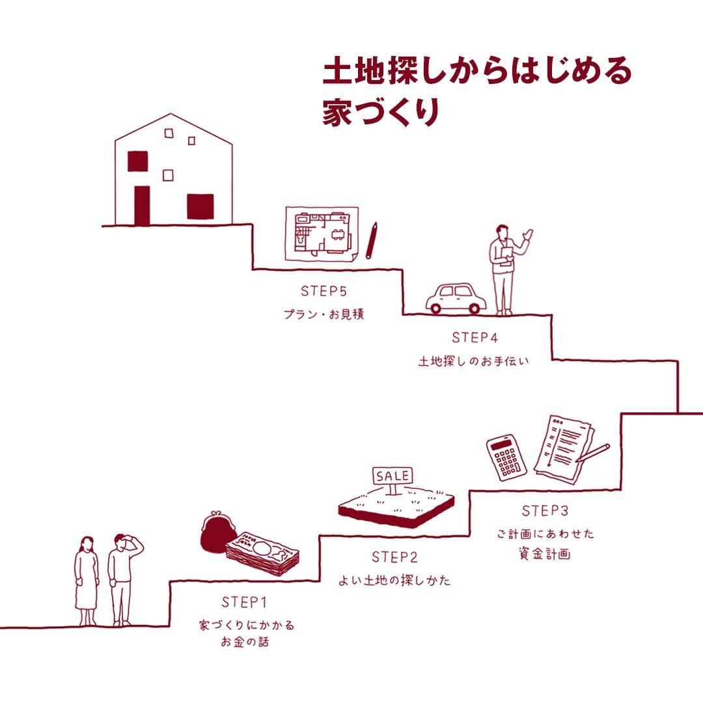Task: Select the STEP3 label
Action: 545,510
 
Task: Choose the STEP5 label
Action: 324,290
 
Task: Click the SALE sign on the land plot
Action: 393,476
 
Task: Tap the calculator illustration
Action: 506,457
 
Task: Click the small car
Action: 456,299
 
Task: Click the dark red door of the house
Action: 142,206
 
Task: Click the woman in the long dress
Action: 87,581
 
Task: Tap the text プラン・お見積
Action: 323,314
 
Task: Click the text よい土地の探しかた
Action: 394,581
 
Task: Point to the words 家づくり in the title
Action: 381,111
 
